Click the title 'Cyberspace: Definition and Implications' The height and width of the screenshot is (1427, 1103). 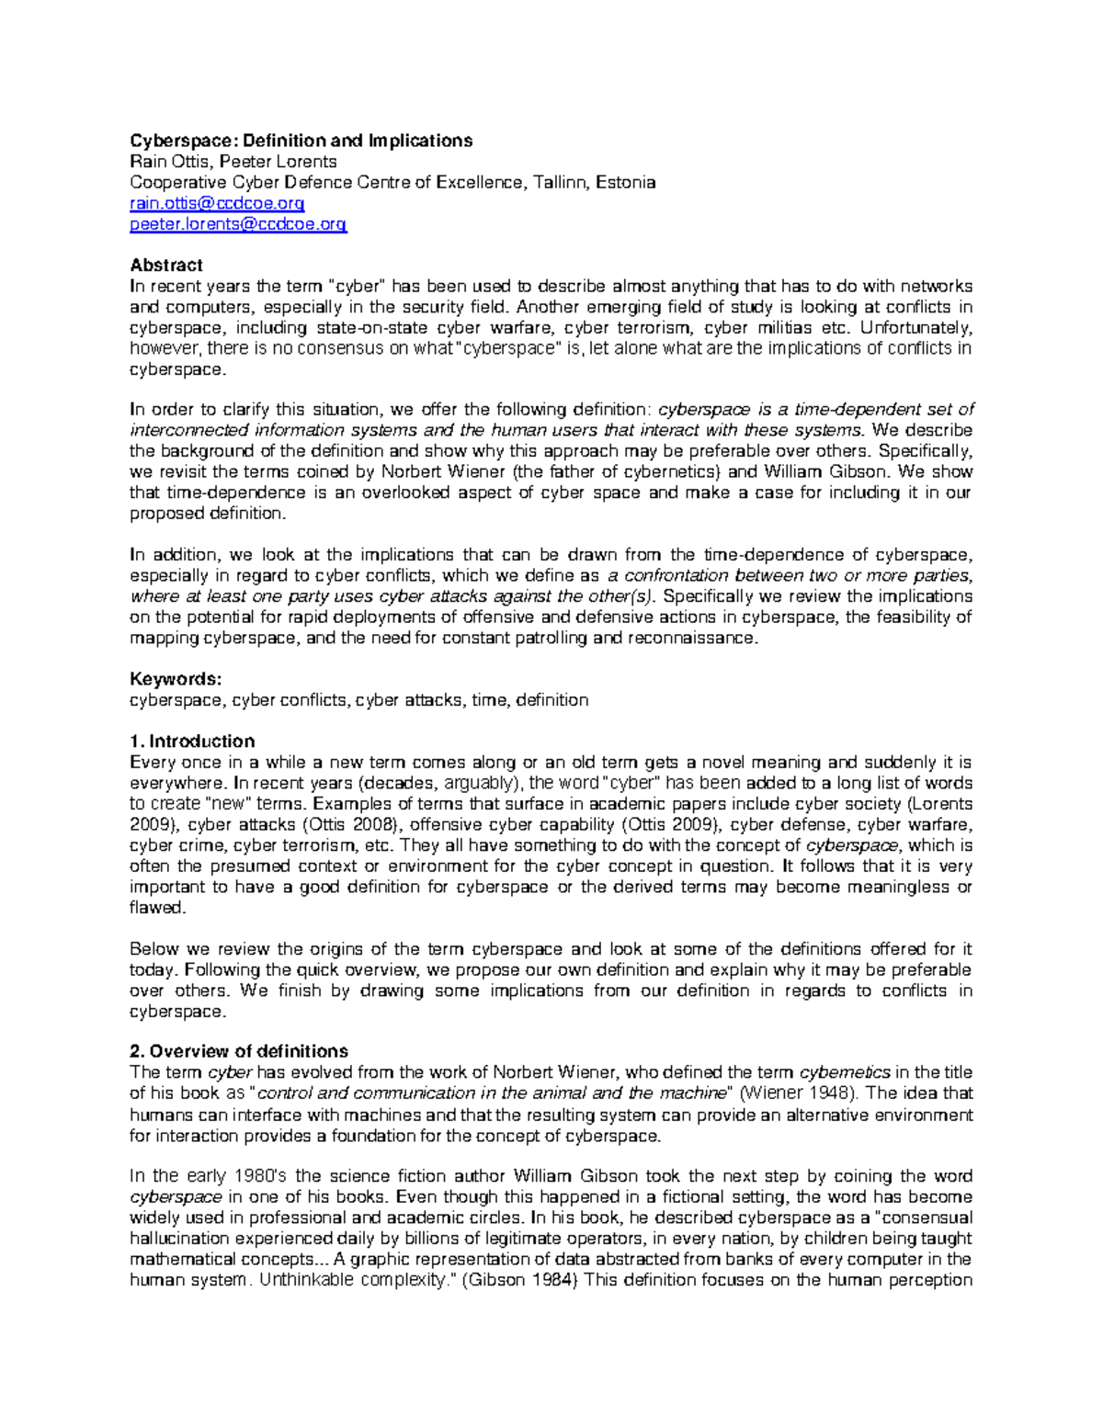pyautogui.click(x=301, y=141)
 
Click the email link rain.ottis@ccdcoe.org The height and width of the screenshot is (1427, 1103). pyautogui.click(x=217, y=203)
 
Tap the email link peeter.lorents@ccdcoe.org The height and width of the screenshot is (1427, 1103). pyautogui.click(x=238, y=224)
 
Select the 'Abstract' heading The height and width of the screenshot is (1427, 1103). pyautogui.click(x=165, y=266)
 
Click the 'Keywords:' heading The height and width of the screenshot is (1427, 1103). pyautogui.click(x=176, y=679)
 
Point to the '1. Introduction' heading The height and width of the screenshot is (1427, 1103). pyautogui.click(x=192, y=742)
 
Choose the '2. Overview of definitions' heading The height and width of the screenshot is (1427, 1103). pyautogui.click(x=239, y=1051)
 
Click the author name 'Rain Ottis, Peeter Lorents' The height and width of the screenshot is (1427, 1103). pyautogui.click(x=233, y=162)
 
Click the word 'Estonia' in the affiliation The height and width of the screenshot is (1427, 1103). pyautogui.click(x=626, y=182)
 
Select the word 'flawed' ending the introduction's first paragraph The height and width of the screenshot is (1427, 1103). pyautogui.click(x=157, y=908)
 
